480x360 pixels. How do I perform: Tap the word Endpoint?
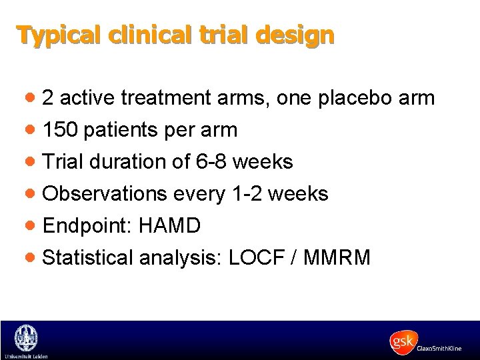pyautogui.click(x=87, y=226)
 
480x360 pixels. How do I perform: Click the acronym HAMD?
pyautogui.click(x=169, y=226)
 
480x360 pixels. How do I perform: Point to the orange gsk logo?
pyautogui.click(x=403, y=342)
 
